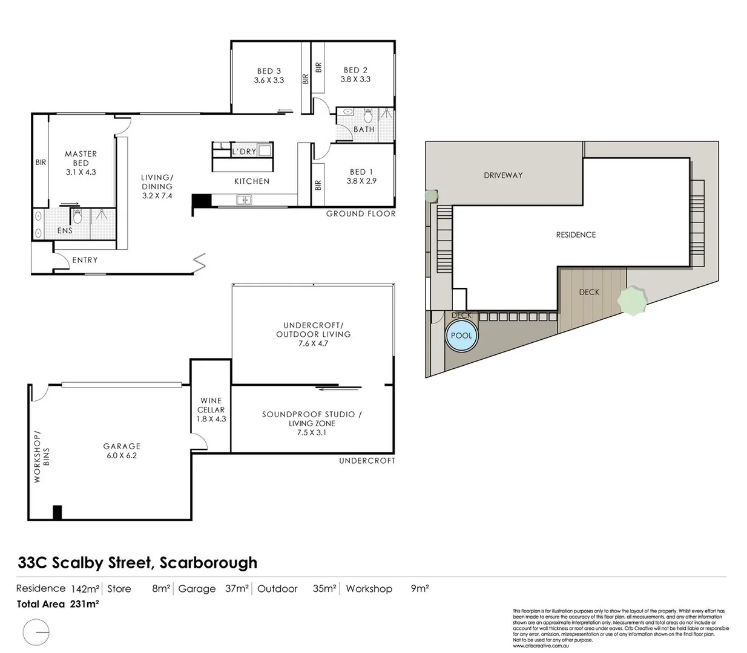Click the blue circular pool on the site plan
coord(461,336)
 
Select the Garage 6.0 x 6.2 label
coord(122,451)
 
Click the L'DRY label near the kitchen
coord(244,151)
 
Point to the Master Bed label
coord(81,158)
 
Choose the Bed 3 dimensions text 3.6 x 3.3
coord(269,80)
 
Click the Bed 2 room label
coord(355,70)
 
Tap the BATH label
coord(364,129)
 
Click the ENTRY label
coord(85,260)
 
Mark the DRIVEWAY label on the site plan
coord(503,175)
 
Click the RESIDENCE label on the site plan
coord(576,235)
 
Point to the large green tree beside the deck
coord(632,301)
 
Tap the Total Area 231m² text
coord(58,604)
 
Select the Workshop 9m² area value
coord(420,588)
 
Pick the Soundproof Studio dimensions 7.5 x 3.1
coord(312,432)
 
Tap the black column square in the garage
coord(58,512)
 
